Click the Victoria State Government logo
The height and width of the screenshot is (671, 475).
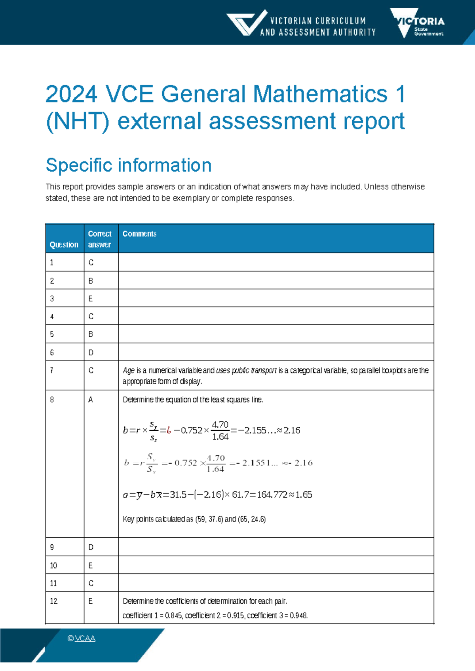tap(418, 23)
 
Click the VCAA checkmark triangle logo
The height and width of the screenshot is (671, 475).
tap(246, 23)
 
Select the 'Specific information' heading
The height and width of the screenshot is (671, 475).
tap(129, 165)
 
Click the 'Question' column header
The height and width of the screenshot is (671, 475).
tap(64, 245)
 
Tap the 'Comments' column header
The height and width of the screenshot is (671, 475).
tap(139, 234)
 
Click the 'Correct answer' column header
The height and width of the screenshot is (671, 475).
tap(99, 239)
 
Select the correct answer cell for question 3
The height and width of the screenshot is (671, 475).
tap(91, 299)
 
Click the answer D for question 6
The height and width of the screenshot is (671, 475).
tap(91, 353)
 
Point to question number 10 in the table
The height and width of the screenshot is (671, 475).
tap(53, 565)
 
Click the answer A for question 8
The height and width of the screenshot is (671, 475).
tap(91, 400)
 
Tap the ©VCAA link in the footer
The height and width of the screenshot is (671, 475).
tap(82, 639)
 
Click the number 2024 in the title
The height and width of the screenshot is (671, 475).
tap(71, 95)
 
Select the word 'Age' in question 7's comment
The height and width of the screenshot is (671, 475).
tap(128, 371)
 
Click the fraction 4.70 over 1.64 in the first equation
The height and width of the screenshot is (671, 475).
tap(220, 430)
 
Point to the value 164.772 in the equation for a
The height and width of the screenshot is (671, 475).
tap(272, 495)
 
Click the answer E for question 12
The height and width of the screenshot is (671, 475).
tap(91, 601)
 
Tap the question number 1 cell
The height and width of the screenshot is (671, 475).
tap(52, 263)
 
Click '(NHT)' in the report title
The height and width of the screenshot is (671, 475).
tap(78, 121)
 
